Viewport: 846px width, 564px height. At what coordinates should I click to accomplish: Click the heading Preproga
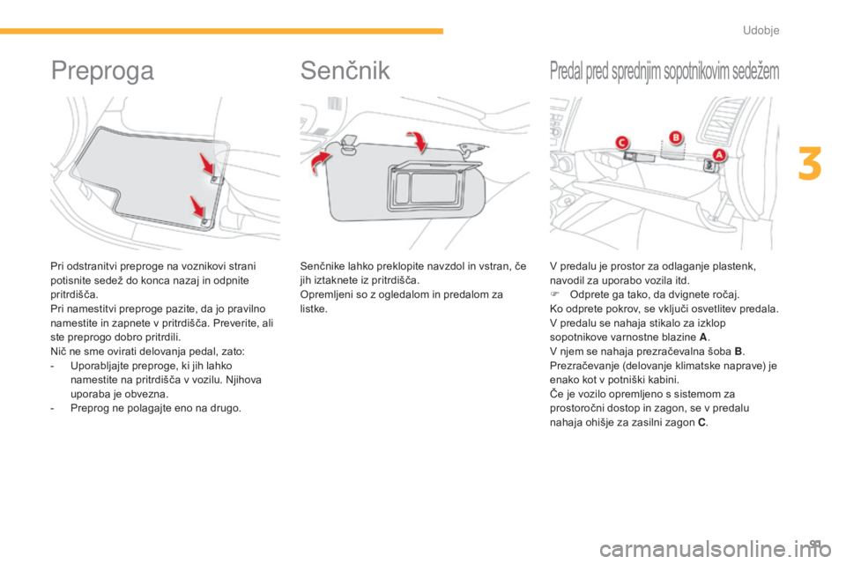[102, 71]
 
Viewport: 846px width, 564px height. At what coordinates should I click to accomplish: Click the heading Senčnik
[345, 70]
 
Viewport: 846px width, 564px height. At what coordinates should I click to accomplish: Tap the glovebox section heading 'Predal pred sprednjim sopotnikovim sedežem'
[664, 71]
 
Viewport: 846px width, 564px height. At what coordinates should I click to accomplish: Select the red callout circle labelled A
[719, 155]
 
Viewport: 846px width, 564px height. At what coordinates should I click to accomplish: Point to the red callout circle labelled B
[675, 137]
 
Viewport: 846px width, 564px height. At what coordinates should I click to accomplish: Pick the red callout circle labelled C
[622, 143]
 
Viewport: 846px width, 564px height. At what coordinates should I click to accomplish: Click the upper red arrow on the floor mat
[207, 163]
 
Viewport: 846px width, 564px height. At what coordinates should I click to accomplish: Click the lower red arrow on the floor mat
[197, 207]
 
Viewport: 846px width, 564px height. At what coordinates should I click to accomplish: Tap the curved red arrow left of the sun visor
[320, 162]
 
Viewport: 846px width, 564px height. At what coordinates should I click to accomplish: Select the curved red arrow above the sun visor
[418, 140]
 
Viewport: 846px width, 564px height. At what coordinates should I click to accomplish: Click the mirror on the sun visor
[428, 187]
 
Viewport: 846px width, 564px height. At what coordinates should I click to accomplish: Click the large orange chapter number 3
[810, 164]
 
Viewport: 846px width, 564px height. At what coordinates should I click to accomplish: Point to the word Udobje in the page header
[761, 30]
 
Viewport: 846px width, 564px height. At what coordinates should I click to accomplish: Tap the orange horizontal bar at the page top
[221, 32]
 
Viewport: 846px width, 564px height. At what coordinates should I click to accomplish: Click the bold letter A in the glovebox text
[702, 338]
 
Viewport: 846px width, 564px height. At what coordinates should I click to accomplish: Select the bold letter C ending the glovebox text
[701, 423]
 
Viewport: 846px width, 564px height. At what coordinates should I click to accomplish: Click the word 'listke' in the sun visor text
[312, 308]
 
